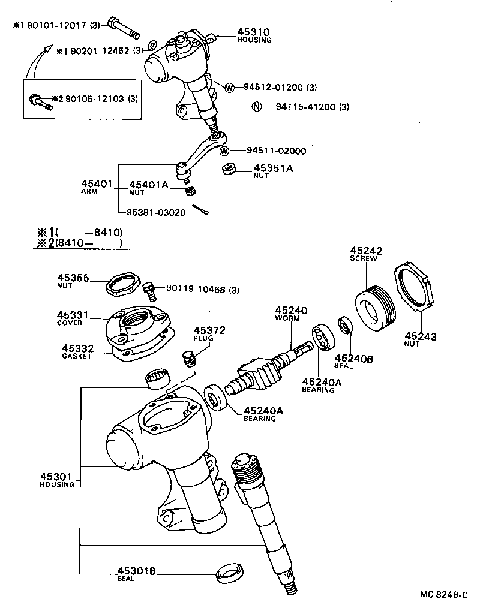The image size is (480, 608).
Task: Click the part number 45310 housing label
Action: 254,32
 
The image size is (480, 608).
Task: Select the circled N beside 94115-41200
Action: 256,107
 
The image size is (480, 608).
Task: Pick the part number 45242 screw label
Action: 366,251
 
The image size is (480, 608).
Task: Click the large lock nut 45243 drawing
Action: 415,291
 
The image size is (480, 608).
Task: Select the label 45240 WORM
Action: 291,311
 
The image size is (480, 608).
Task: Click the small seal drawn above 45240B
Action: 345,324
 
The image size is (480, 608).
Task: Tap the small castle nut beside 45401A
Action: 189,191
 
